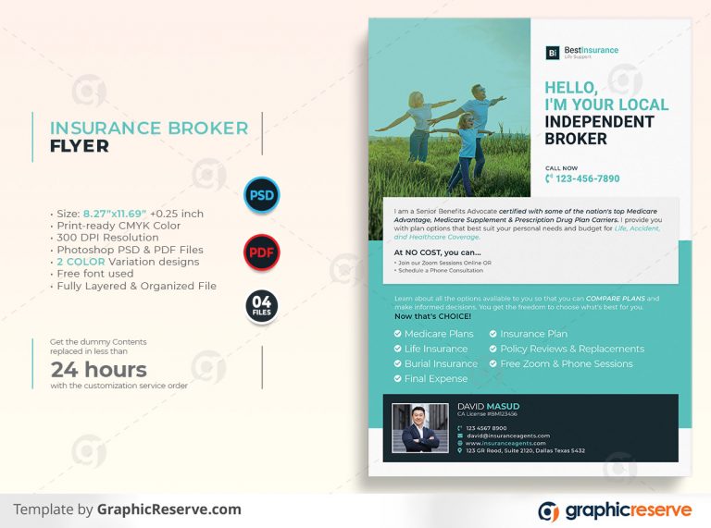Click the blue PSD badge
coord(261,195)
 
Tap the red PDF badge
coord(261,252)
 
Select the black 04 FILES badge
coord(261,306)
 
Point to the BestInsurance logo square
coord(552,53)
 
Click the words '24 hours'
coord(99,370)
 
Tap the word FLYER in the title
coord(79,146)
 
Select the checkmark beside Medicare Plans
coord(398,334)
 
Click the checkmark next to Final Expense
coord(398,378)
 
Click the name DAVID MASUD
coord(488,406)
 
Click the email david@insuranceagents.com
coord(507,436)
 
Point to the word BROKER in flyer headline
coord(576,139)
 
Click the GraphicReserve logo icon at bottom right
coord(549,511)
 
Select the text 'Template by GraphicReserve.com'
coord(127,510)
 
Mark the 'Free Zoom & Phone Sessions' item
coord(566,363)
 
